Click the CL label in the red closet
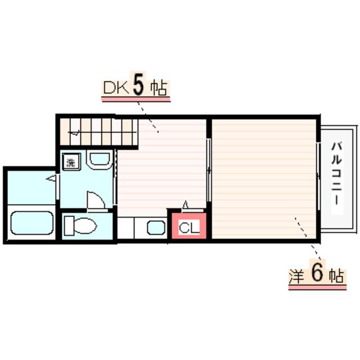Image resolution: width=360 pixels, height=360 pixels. pos(189,228)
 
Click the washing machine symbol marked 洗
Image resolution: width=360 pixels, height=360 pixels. pos(71,163)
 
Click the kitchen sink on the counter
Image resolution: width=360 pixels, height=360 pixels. pos(155,227)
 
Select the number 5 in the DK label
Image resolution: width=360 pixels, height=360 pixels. pos(139,86)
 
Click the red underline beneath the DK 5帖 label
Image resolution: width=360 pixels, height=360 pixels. pos(135,99)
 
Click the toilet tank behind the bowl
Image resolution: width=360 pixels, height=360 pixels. pos(69,226)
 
